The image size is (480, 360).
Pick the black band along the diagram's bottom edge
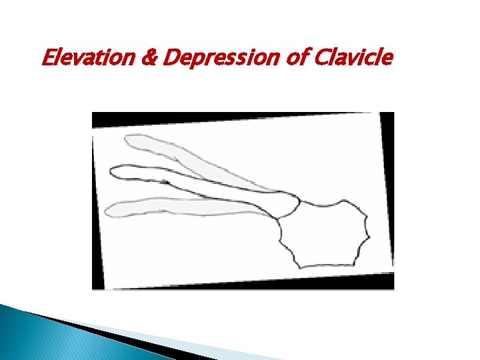[240, 283]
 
